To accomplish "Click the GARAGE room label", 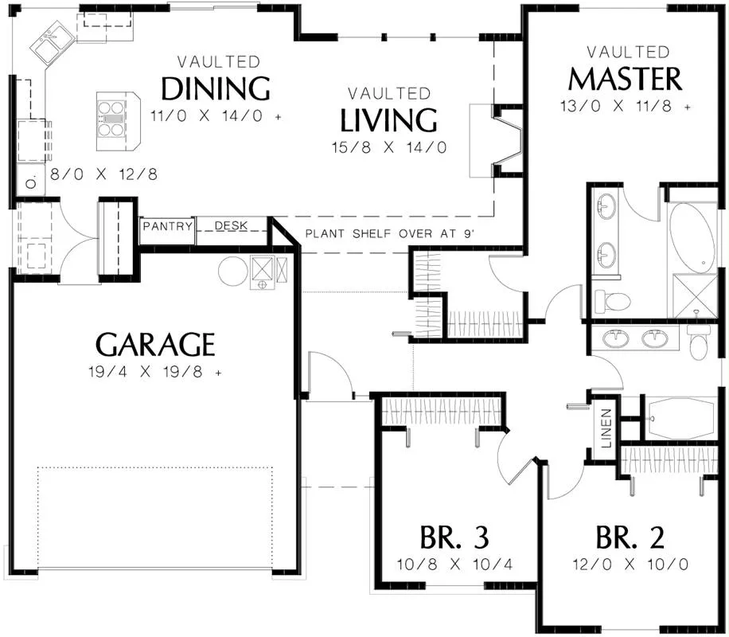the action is [155, 344].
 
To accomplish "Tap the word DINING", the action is [216, 88].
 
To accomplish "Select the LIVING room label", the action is [388, 120].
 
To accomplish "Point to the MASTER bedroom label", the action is [626, 79].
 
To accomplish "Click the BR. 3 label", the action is [454, 537].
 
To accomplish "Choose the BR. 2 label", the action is [630, 537].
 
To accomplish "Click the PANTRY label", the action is [167, 226].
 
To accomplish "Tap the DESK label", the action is [231, 225].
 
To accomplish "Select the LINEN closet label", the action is [606, 428].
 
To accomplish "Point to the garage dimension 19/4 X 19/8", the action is [155, 372].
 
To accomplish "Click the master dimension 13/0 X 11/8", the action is [626, 106].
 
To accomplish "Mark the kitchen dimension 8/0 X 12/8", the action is [103, 174].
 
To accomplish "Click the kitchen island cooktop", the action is [111, 119].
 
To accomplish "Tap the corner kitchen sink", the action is [52, 40].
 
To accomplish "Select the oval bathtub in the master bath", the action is [692, 238].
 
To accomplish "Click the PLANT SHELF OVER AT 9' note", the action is [390, 233].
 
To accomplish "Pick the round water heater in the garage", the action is [233, 271].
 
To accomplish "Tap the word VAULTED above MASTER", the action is [628, 52].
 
